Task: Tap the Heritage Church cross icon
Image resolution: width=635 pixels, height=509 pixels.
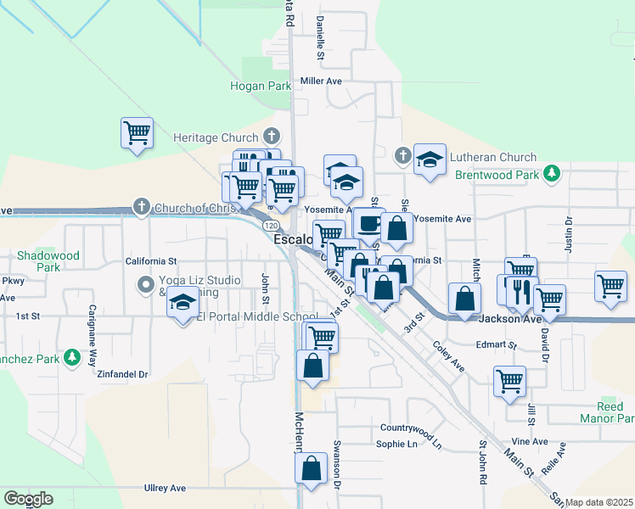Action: pos(271,137)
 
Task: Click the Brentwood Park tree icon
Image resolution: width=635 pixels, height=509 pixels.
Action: pos(553,173)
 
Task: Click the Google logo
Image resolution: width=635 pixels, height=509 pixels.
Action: pos(28,499)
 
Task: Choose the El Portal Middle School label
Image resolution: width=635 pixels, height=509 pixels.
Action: pos(244,317)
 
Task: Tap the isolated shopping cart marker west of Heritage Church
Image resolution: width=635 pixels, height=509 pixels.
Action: pos(137,133)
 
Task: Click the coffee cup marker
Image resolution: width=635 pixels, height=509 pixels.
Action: pos(368,224)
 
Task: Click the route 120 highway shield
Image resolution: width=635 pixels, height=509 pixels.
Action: pos(270,227)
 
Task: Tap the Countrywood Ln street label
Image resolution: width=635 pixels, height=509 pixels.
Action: pos(411,427)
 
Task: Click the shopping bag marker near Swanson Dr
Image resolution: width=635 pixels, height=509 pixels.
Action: pos(312,469)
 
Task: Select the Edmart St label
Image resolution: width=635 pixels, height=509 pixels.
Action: pos(496,345)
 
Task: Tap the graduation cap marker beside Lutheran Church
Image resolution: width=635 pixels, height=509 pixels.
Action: pos(430,159)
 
